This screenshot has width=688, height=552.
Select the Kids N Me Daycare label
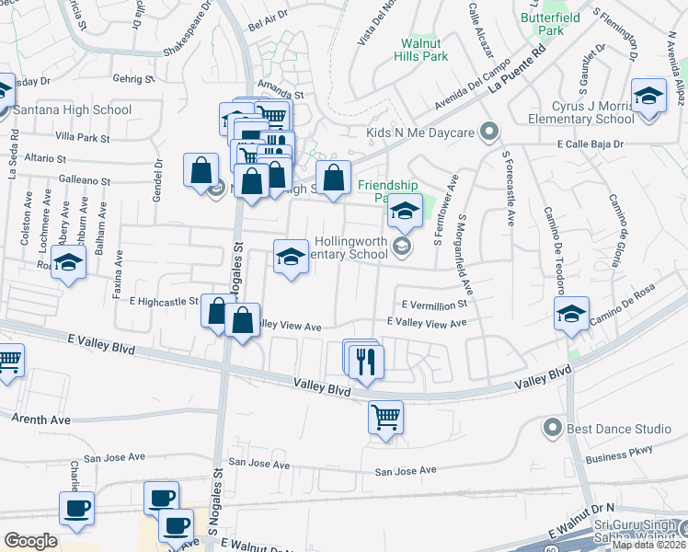tap(419, 133)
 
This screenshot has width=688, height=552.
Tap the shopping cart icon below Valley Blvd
tap(385, 416)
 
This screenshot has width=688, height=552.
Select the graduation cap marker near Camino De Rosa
tap(571, 314)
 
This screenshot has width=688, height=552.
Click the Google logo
tap(29, 540)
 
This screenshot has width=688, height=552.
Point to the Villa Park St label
tap(82, 138)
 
